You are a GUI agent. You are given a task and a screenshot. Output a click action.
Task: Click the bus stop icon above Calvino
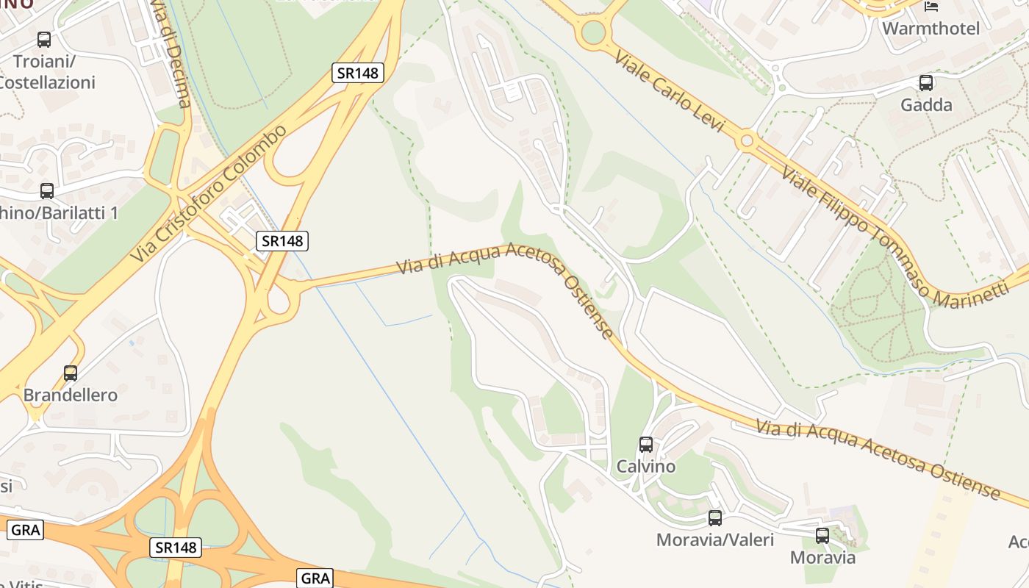[x=645, y=444]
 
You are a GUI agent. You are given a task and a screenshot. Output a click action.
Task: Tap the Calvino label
[x=645, y=466]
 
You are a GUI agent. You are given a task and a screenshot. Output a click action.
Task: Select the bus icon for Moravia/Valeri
[x=715, y=517]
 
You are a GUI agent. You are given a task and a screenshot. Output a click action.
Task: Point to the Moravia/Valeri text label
[x=714, y=540]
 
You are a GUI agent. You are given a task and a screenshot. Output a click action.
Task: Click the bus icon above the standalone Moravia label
[x=822, y=535]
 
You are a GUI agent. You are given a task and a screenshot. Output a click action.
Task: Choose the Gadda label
[x=926, y=104]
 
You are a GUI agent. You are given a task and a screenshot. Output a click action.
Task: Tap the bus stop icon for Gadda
[x=926, y=82]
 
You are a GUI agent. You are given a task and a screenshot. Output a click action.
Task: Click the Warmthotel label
[x=931, y=29]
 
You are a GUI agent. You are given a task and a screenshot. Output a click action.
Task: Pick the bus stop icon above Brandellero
[x=71, y=373]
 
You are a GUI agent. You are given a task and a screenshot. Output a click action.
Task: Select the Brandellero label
[x=71, y=395]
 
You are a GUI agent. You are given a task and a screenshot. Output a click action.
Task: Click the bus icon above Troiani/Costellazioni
[x=44, y=40]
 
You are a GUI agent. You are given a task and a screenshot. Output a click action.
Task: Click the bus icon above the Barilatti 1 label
[x=47, y=190]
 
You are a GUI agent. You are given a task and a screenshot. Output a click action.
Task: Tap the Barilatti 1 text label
[x=59, y=213]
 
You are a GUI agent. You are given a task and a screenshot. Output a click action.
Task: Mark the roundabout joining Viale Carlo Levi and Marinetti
[x=747, y=140]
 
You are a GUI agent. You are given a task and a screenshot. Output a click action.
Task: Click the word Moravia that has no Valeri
[x=822, y=557]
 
